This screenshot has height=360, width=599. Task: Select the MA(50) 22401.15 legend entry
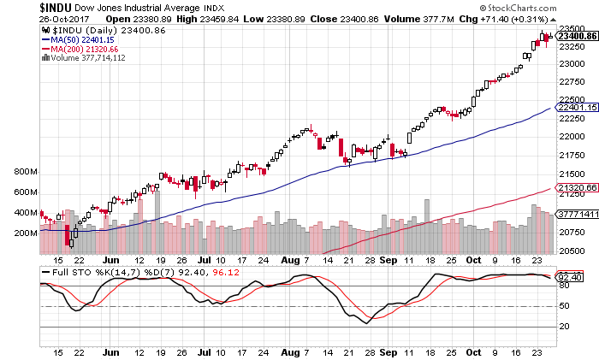[82, 38]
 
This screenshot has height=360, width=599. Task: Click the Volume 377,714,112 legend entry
[89, 57]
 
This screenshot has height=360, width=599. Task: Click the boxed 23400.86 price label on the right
[575, 35]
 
